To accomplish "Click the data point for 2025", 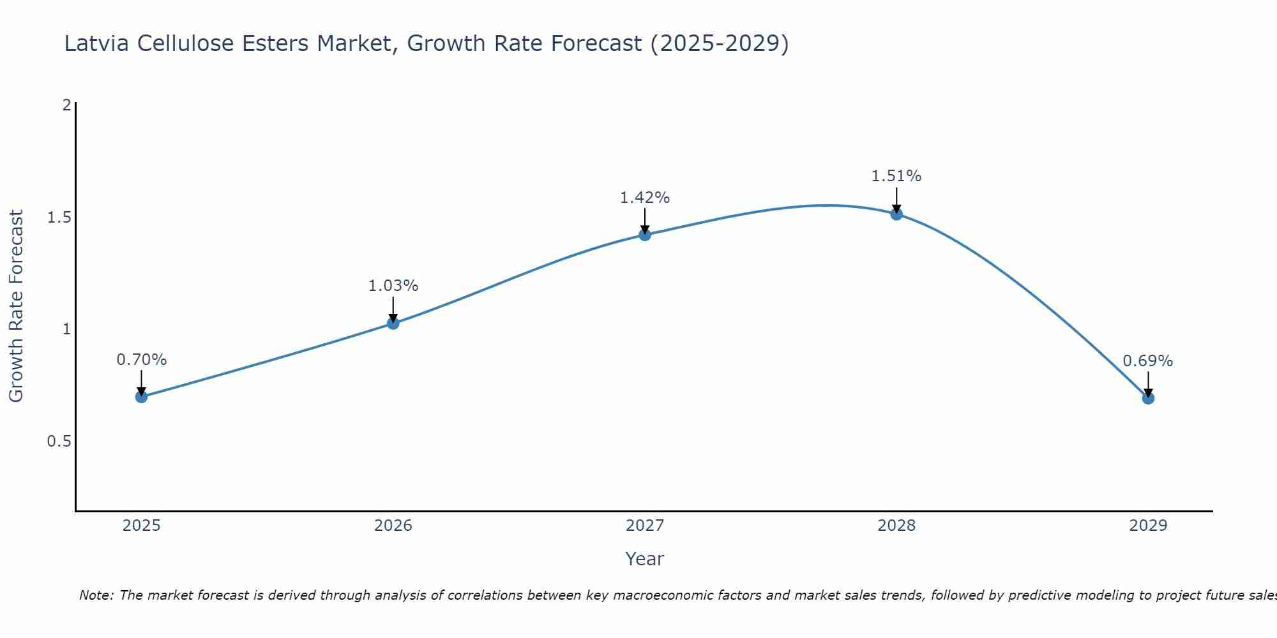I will click(141, 397).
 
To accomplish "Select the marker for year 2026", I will click(393, 323).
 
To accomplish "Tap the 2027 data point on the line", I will click(644, 235).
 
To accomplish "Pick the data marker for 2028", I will click(896, 214).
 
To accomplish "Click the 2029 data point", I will click(1148, 398).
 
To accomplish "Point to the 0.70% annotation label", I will click(141, 360).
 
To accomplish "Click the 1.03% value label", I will click(393, 286).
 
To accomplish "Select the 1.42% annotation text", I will click(644, 198).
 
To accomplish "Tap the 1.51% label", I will click(896, 176).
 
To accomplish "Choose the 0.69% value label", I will click(1147, 361).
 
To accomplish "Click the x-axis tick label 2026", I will click(393, 526).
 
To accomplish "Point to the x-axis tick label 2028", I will click(896, 526).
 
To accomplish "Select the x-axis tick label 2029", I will click(1148, 526).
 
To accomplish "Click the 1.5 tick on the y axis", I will click(59, 218).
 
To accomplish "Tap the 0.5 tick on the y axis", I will click(59, 441).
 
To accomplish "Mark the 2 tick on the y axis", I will click(66, 105).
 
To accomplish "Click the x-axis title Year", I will click(644, 559).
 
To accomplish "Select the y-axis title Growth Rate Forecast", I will click(16, 306).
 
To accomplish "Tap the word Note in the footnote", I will click(96, 595).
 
